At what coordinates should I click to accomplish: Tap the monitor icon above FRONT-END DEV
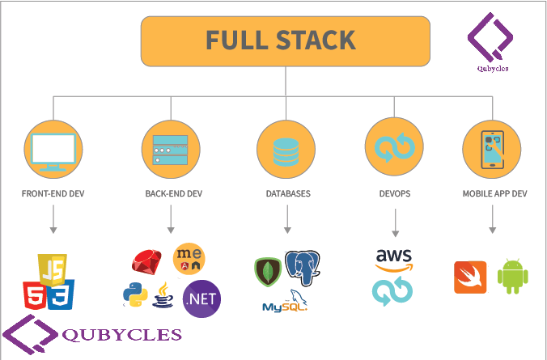tap(53, 151)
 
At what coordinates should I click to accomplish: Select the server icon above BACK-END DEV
tap(171, 150)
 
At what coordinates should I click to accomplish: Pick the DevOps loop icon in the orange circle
tap(394, 148)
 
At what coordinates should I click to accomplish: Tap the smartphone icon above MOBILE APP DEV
tap(491, 150)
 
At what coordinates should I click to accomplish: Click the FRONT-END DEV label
tap(53, 194)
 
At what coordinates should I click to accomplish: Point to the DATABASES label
tap(287, 194)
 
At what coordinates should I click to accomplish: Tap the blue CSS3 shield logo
tap(62, 297)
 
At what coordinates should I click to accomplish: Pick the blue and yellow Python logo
tap(134, 295)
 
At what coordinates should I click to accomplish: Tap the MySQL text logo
tap(284, 306)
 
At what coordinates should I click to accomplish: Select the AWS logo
tap(394, 260)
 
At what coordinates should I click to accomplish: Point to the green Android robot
tap(511, 277)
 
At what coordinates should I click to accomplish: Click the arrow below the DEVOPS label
tap(394, 222)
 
